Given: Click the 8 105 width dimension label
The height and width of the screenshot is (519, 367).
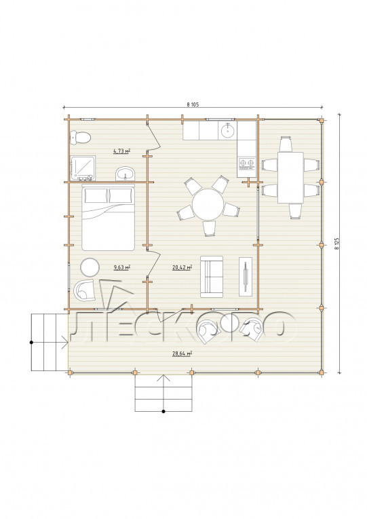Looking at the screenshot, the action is click(x=193, y=104).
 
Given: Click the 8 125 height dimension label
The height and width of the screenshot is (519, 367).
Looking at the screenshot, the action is click(x=337, y=243).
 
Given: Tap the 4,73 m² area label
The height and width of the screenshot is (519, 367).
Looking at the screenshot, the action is click(x=121, y=151).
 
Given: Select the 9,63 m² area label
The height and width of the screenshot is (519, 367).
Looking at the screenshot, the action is click(x=121, y=267).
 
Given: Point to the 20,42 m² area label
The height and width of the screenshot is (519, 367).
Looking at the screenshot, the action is click(x=182, y=267).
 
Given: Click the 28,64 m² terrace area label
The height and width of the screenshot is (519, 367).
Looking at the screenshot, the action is click(x=182, y=353).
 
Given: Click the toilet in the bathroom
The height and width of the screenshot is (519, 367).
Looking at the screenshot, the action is click(x=80, y=137).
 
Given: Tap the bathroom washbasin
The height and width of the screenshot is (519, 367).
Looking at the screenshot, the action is click(x=125, y=174).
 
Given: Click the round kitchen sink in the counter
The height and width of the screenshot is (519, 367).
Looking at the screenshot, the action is click(x=228, y=130).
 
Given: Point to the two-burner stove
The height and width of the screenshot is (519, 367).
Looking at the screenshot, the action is click(x=246, y=164).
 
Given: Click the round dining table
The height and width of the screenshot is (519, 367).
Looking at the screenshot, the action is click(x=208, y=204).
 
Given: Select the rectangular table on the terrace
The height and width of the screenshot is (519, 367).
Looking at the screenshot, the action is click(x=290, y=178).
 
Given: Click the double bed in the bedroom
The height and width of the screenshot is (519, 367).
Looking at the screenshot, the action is click(x=109, y=218).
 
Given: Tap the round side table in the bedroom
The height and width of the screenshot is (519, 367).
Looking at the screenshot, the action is click(x=90, y=267).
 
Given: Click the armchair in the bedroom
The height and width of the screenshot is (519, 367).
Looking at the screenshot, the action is click(x=84, y=290).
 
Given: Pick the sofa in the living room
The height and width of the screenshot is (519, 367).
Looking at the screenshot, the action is click(x=212, y=276).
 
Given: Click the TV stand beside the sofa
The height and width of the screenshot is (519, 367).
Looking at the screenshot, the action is click(x=246, y=277).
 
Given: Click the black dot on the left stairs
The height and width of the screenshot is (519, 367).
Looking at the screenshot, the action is click(x=31, y=342).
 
